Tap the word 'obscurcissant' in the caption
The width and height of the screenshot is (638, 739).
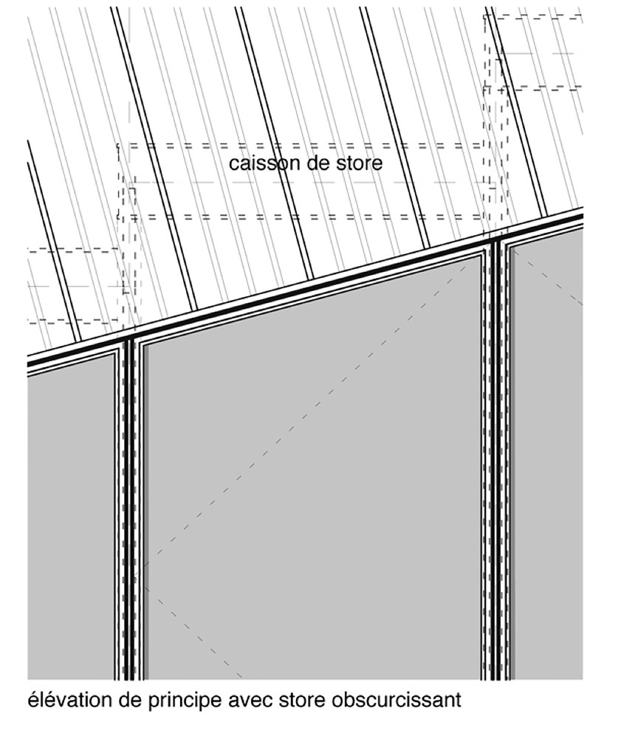(397, 700)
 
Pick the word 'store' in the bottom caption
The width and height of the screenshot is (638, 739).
(302, 701)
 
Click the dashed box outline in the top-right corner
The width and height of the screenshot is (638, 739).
(533, 52)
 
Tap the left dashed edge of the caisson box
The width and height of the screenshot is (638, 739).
(118, 182)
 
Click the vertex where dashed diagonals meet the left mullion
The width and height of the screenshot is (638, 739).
(136, 576)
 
